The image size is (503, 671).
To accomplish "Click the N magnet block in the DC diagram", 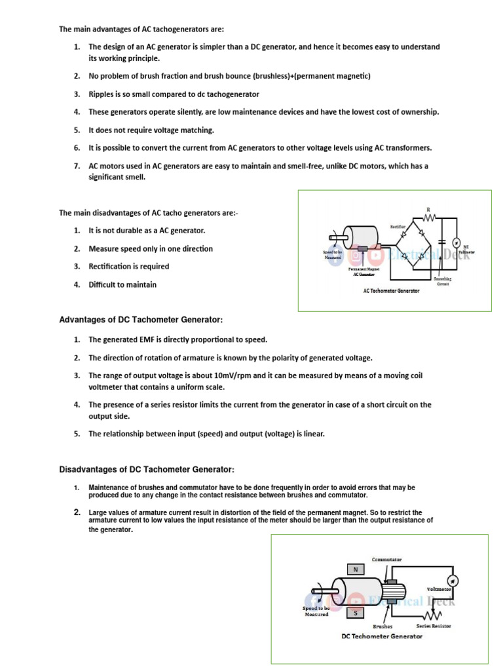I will coord(356,569).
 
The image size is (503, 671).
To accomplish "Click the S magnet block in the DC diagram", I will coord(356,613).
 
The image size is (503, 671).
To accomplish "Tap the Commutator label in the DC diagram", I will coord(386,560).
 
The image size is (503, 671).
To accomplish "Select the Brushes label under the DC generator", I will coord(382,626).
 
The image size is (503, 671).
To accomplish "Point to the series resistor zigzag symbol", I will coord(432,616).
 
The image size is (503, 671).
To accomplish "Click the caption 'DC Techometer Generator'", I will coord(382,636).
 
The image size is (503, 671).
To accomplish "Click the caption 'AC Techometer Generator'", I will coord(391,290).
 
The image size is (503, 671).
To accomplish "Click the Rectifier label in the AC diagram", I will coord(399,226).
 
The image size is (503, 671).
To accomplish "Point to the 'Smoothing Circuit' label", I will coord(443,281).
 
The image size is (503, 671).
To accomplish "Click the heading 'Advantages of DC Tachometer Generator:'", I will coord(141,320).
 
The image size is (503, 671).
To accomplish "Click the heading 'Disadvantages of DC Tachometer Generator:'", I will coord(147,470).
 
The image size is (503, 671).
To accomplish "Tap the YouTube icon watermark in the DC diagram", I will coord(356,601).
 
